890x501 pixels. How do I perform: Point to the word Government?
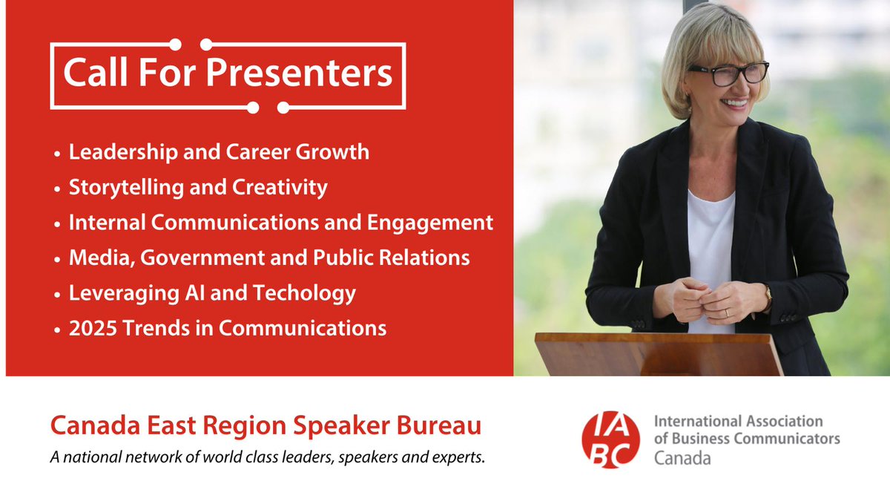pos(201,258)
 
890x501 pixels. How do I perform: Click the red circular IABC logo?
pos(610,440)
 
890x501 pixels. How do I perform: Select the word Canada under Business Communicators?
pos(682,458)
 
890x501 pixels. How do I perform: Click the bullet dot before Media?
pos(58,259)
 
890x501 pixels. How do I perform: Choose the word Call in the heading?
pos(88,73)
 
